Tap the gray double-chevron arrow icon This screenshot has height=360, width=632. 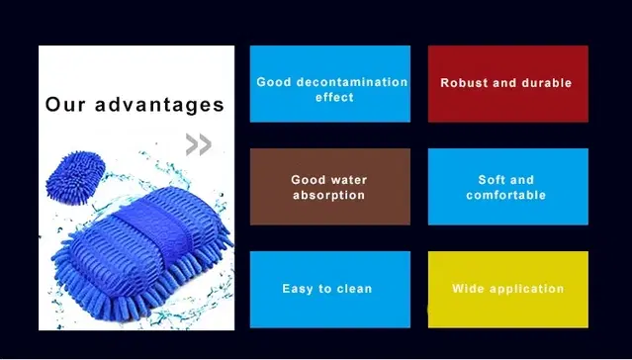coord(199,145)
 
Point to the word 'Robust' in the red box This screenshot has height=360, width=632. coord(464,83)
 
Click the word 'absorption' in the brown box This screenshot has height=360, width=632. coord(328,196)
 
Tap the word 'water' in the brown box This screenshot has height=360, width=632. coord(346,180)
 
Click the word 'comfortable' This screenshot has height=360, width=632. coord(506,196)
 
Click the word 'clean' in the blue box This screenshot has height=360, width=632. coord(354,289)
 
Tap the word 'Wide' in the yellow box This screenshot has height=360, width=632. coord(468,289)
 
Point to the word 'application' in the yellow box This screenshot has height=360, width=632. coord(525,289)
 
